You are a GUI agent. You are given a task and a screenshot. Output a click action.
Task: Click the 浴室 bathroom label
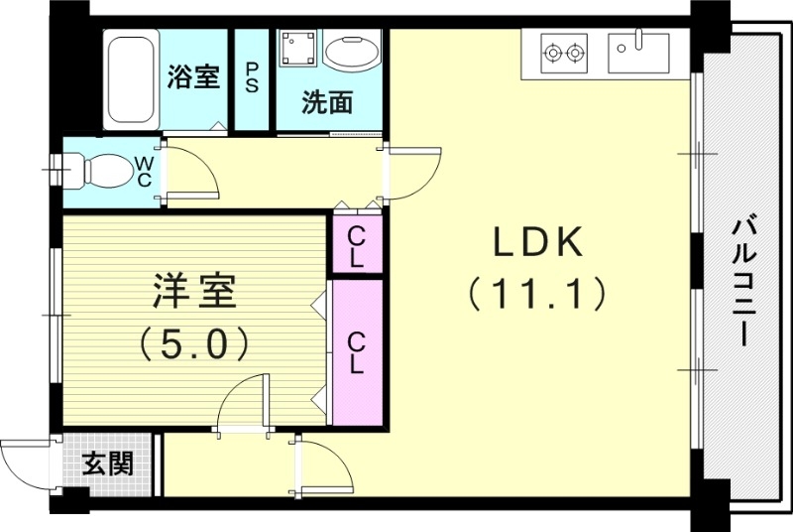(193, 77)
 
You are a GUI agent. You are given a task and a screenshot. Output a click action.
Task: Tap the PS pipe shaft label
(252, 77)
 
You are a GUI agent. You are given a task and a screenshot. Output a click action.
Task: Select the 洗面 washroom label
(326, 102)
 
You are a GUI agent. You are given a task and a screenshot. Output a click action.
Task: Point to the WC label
(144, 172)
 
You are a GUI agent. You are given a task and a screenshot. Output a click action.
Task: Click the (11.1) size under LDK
(535, 294)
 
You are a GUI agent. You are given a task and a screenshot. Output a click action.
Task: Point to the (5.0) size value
(193, 343)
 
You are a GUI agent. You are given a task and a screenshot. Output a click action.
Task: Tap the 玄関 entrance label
(108, 463)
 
